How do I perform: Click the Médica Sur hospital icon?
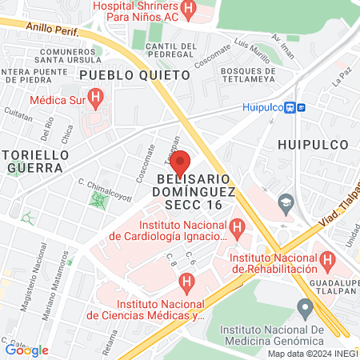pos(96,100)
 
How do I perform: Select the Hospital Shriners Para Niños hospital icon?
pos(188,10)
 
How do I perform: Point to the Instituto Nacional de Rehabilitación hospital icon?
pos(326,260)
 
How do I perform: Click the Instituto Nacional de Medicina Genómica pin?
pos(303,307)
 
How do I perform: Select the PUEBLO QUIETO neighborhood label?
pos(135,74)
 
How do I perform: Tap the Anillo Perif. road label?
pos(53,28)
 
